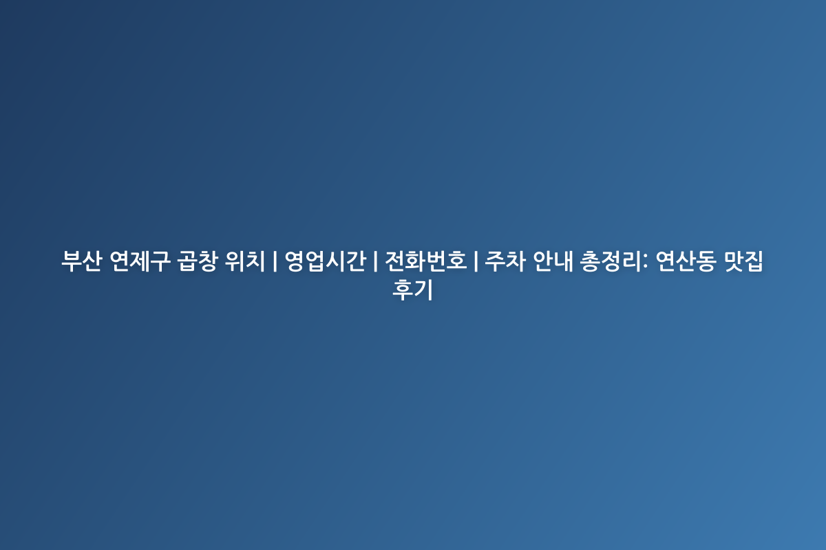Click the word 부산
81,261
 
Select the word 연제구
140,261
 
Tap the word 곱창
197,261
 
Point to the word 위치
245,261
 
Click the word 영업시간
326,261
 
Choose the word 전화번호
426,261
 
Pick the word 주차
505,261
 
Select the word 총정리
611,261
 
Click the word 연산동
686,261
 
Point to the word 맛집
744,261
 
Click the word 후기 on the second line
412,289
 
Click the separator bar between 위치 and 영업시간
275,261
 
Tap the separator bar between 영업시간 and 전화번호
375,261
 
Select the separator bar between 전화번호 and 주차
476,261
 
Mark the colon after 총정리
646,263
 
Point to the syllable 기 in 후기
423,289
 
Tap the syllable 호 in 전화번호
457,261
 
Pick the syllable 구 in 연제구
161,261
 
